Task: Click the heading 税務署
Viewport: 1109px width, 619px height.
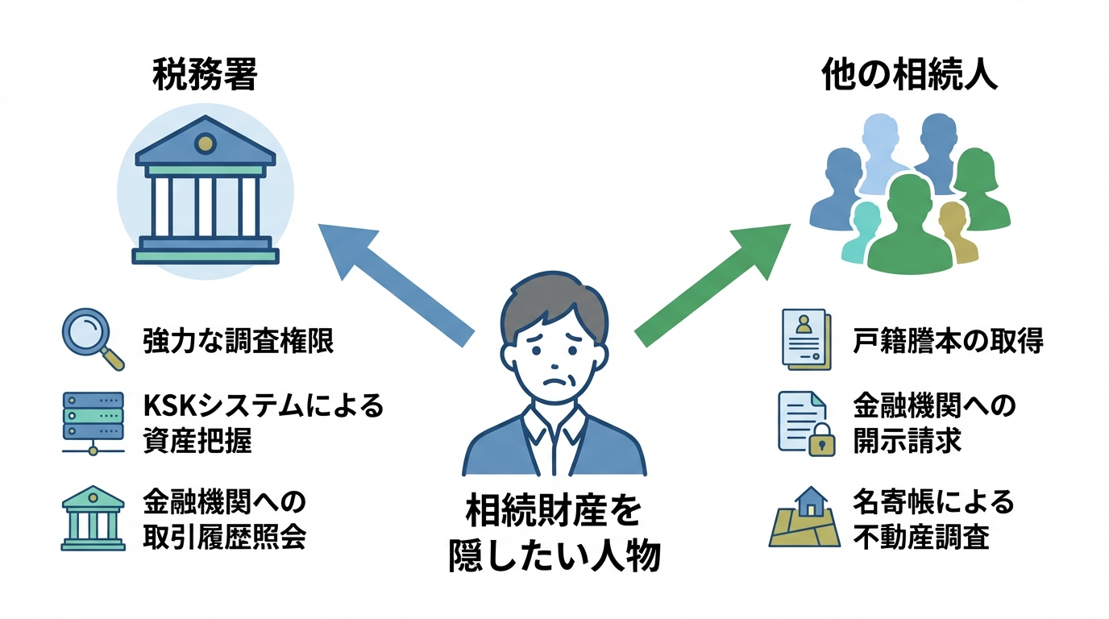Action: pyautogui.click(x=205, y=77)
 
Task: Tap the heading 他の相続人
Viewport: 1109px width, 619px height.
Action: pyautogui.click(x=909, y=77)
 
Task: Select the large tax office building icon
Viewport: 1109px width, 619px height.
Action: pyautogui.click(x=206, y=197)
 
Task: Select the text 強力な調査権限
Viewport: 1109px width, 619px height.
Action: pyautogui.click(x=238, y=342)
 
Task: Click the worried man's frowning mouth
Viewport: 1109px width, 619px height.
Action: pyautogui.click(x=552, y=380)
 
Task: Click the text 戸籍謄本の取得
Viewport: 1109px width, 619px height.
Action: pyautogui.click(x=948, y=342)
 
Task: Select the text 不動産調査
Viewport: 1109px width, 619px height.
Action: pyautogui.click(x=920, y=537)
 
